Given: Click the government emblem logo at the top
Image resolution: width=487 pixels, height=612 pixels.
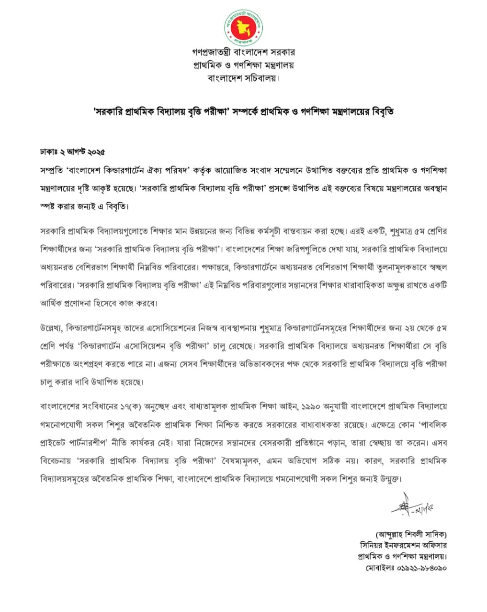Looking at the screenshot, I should point(243,26).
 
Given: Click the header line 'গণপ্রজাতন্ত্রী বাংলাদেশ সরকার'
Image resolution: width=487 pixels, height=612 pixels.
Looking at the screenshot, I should point(243,52).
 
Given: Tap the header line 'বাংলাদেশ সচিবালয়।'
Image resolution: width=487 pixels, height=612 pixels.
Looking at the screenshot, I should point(243,77).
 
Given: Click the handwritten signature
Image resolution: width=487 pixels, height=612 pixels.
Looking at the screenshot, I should point(412,505).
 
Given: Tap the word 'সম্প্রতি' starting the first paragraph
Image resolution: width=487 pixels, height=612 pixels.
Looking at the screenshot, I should point(52,170).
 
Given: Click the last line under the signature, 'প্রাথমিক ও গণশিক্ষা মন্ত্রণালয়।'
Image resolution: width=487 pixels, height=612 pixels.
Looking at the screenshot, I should point(402,557).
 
